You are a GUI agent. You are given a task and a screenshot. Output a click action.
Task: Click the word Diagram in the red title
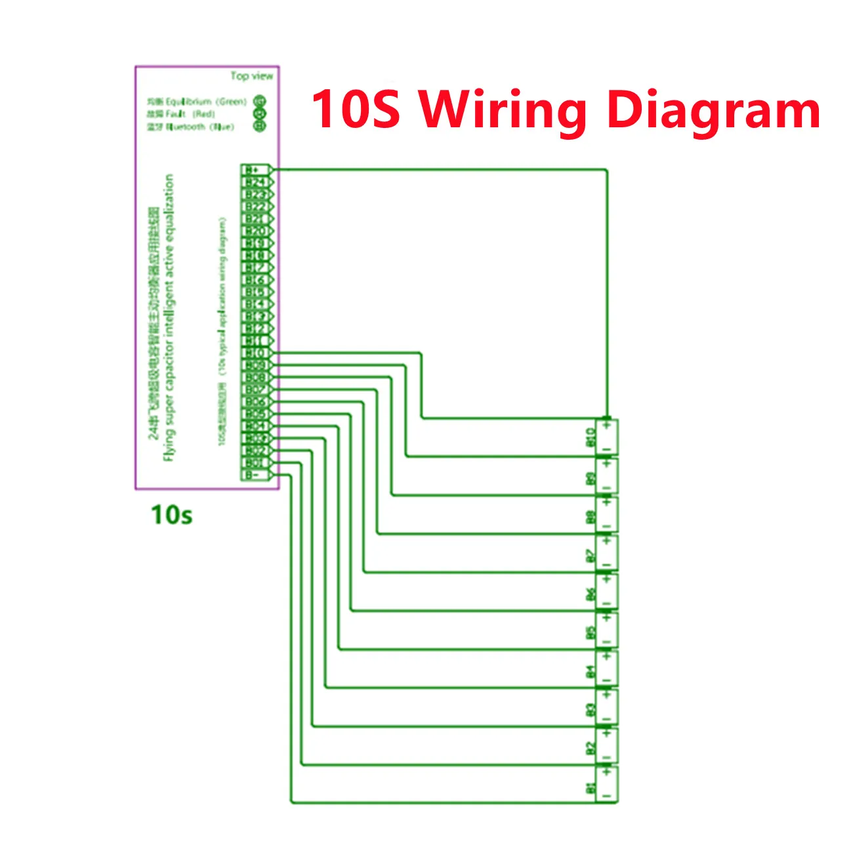click(714, 110)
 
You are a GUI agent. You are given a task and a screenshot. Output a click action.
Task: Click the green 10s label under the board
click(172, 514)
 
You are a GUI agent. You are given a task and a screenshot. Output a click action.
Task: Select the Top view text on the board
click(251, 76)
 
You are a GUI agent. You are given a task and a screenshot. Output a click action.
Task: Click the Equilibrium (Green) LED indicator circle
click(260, 102)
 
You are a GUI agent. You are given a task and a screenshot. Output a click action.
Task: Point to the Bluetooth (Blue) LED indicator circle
click(260, 126)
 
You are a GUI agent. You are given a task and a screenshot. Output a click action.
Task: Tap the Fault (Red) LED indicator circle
click(260, 114)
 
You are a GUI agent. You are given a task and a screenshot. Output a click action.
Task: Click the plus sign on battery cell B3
click(608, 695)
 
